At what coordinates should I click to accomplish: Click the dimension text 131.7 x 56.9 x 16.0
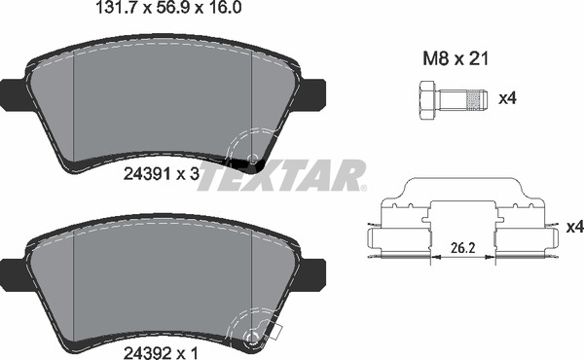click(x=164, y=12)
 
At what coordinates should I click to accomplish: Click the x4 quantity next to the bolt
click(x=506, y=98)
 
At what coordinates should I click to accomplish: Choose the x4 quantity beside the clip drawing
click(x=573, y=227)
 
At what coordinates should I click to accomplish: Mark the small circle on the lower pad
click(x=254, y=339)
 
